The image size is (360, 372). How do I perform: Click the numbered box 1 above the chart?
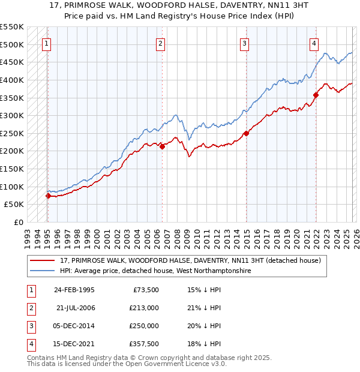point(47,43)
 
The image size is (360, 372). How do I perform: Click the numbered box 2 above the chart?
point(161,43)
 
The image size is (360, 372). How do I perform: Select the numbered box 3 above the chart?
point(245,43)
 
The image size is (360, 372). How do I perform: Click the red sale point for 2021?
point(316,94)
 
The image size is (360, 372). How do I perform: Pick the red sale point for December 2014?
point(246,133)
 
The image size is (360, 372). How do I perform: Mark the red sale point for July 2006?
point(162,146)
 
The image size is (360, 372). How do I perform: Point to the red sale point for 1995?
point(48,196)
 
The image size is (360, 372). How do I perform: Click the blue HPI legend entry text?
point(155,271)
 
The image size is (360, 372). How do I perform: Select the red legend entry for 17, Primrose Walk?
point(191,260)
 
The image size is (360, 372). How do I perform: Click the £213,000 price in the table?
point(144,308)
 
